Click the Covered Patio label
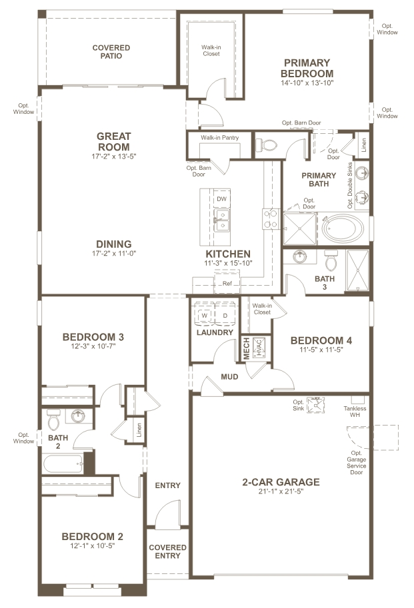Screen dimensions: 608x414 click(111, 52)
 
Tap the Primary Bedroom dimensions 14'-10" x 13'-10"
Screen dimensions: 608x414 click(307, 83)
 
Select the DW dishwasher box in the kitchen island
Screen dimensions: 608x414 click(221, 199)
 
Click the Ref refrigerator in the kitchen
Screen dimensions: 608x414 click(227, 283)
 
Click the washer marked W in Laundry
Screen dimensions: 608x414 click(205, 315)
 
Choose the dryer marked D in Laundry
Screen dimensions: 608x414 click(225, 315)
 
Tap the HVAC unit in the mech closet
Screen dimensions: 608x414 click(259, 346)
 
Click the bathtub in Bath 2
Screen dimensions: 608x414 click(64, 464)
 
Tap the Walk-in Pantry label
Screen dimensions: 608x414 click(219, 138)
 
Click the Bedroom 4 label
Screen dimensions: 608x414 click(321, 340)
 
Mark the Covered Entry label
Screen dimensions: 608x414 click(167, 552)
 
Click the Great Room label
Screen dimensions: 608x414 click(114, 141)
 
